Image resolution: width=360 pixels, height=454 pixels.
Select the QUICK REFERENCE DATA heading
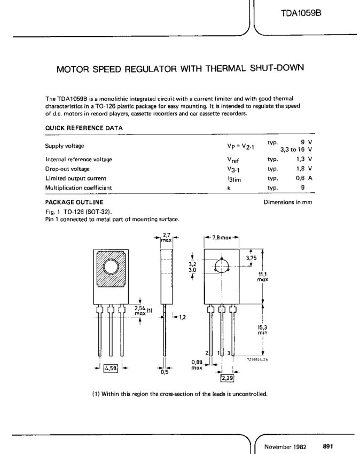coord(84,128)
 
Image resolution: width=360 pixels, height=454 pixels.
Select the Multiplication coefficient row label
coord(79,187)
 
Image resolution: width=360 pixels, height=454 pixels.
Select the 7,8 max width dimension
coord(222,237)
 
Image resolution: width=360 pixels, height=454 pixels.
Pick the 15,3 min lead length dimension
coord(262,327)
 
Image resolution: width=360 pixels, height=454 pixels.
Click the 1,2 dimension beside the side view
coord(182,317)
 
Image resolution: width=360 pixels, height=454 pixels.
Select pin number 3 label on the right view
coord(229,353)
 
